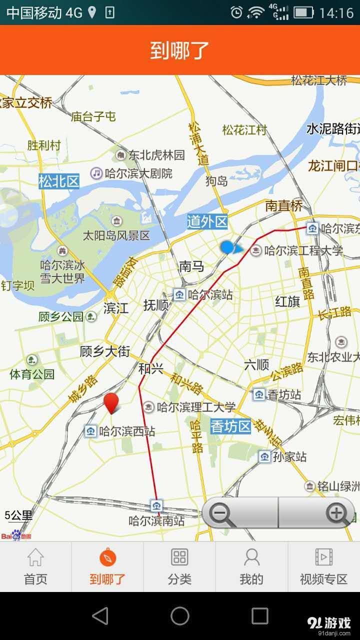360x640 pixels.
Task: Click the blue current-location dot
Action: tap(227, 247)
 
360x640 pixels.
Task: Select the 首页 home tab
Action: tap(35, 567)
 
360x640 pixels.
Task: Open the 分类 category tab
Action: tap(179, 567)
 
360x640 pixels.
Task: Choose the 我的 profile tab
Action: tap(251, 567)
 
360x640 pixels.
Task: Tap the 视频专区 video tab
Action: tap(323, 567)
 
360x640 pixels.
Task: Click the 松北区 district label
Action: tap(59, 181)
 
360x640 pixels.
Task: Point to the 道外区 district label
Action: tap(207, 221)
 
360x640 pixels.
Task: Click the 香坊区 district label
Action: tap(230, 426)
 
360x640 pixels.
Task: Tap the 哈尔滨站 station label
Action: tap(210, 295)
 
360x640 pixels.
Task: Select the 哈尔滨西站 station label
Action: tap(127, 431)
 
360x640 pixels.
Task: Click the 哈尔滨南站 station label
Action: tap(156, 521)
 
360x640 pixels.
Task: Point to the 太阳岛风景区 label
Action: tap(116, 235)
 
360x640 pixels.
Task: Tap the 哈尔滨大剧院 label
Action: tap(138, 173)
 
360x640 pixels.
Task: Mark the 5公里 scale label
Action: tap(18, 515)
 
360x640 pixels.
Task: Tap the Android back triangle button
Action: tap(100, 616)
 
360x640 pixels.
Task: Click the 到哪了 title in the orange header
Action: tap(180, 50)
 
